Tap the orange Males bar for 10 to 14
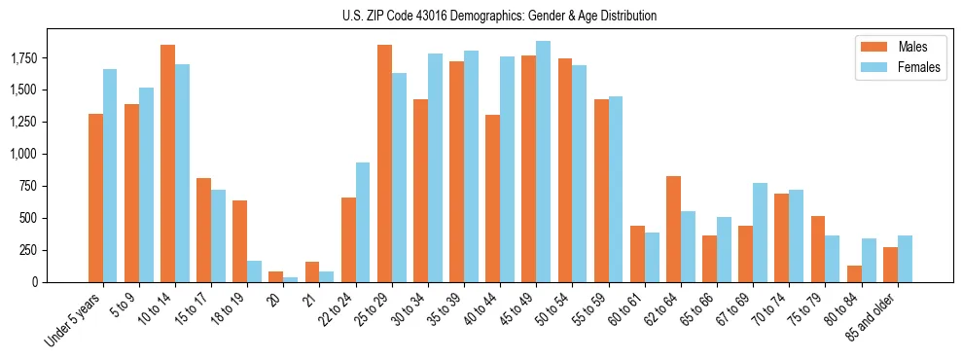167,163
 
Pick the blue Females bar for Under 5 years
110,175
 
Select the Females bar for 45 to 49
543,162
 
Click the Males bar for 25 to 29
384,163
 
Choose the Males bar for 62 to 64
673,229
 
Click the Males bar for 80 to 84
854,273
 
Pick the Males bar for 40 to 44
492,198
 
